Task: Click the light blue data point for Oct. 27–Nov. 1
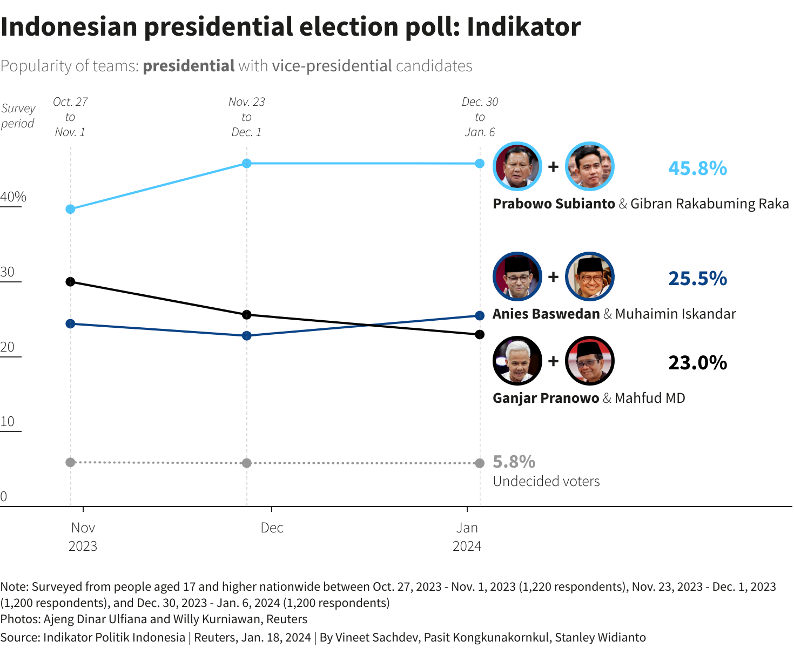[x=70, y=209]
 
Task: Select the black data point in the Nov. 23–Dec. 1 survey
[x=247, y=315]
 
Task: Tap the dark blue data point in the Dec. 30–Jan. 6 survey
[x=480, y=316]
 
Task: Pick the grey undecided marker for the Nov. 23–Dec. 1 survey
[x=247, y=463]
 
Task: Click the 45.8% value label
[x=697, y=168]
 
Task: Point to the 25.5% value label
[x=697, y=279]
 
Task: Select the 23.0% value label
[x=697, y=363]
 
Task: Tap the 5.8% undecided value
[x=514, y=462]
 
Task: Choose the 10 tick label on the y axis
[x=8, y=422]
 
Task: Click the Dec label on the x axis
[x=272, y=528]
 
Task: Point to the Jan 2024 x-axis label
[x=467, y=537]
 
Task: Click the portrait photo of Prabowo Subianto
[x=517, y=166]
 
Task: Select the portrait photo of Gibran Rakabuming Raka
[x=590, y=166]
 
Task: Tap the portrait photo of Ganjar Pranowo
[x=517, y=361]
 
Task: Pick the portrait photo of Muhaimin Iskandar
[x=590, y=276]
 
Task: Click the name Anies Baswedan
[x=546, y=314]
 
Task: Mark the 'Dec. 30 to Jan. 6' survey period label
[x=480, y=117]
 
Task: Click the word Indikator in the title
[x=524, y=27]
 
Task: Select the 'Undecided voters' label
[x=546, y=482]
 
